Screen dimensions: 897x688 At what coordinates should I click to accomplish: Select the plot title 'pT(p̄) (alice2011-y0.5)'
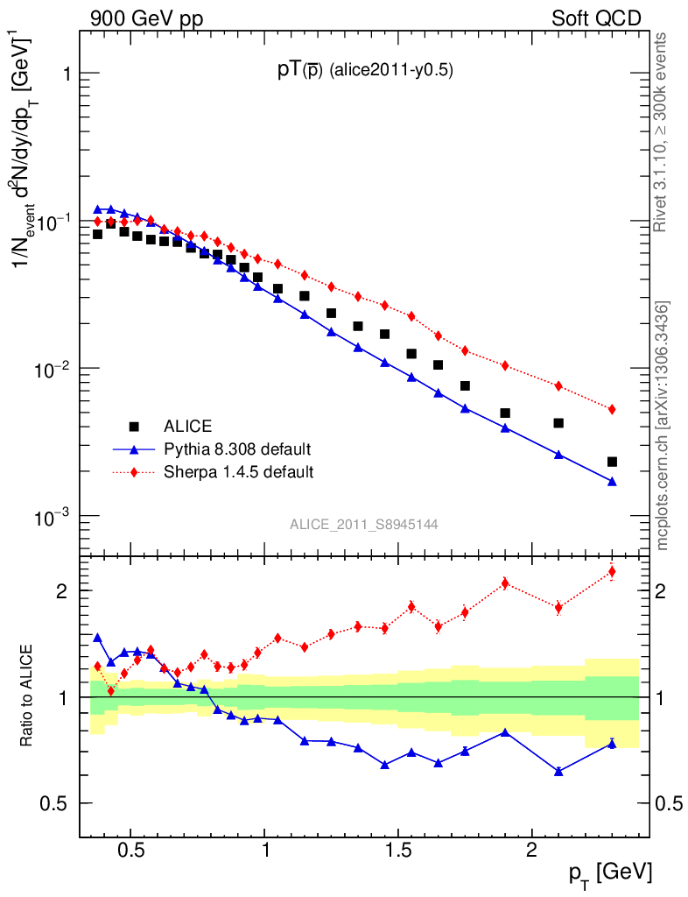click(x=365, y=72)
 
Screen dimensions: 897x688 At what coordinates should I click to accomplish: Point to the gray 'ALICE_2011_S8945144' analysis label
click(x=364, y=524)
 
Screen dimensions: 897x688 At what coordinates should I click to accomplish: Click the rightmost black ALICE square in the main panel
click(x=612, y=462)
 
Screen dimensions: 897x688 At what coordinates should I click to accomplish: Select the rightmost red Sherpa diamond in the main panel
click(x=612, y=409)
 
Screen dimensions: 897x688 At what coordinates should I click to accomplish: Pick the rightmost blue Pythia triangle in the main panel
click(x=612, y=481)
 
